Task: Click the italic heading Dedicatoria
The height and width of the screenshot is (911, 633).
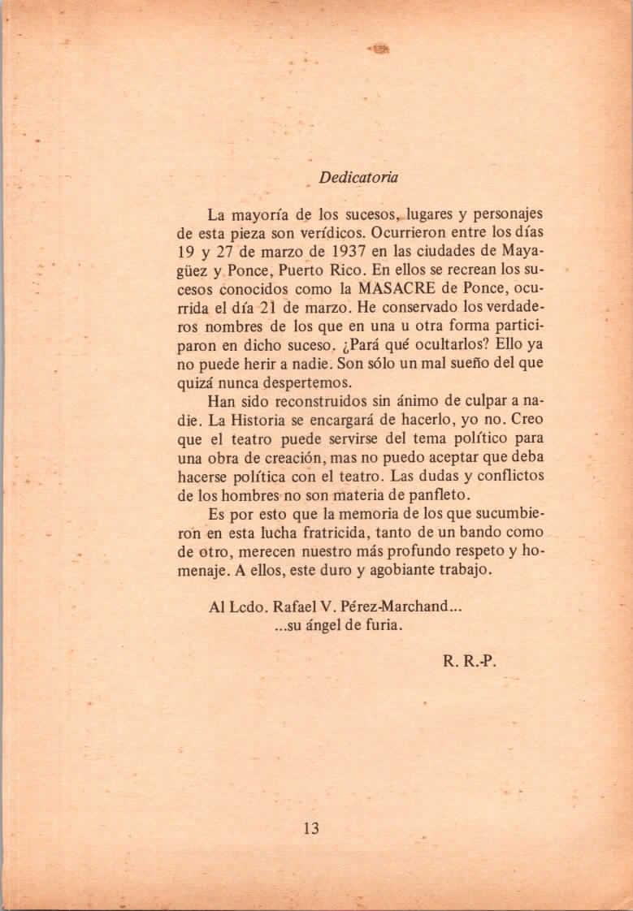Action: (358, 177)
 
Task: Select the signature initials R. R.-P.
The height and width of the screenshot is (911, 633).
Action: (469, 661)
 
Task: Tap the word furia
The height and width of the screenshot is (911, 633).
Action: (381, 625)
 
